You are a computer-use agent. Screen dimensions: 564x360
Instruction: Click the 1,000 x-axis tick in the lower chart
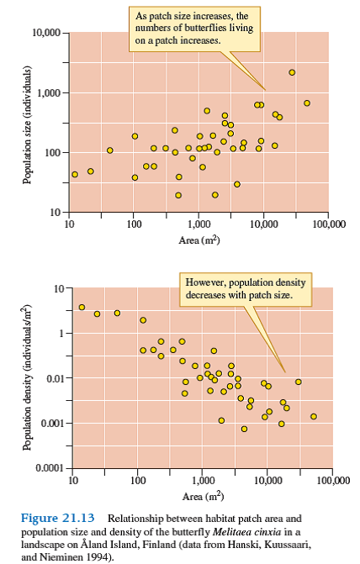pos(202,481)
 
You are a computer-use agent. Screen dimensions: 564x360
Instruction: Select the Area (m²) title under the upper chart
pos(200,240)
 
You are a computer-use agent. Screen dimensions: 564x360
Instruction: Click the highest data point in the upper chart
pos(292,72)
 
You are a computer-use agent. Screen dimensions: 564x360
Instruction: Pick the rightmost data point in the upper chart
pos(307,103)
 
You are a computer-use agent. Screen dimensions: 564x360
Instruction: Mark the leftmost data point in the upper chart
pos(75,174)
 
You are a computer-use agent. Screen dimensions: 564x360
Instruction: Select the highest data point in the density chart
pos(82,307)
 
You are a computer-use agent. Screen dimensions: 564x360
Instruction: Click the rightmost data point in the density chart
pos(313,416)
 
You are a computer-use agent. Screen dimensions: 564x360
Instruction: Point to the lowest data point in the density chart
pos(244,429)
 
